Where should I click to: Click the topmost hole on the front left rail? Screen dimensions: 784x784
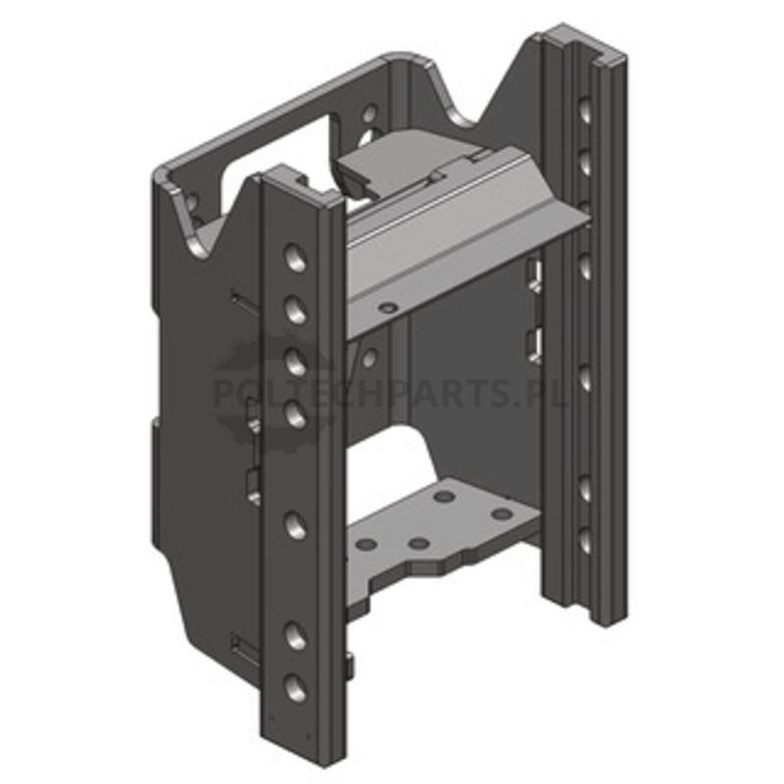296,258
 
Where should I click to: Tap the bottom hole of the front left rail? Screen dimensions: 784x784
296,688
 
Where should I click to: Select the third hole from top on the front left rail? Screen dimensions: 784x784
296,361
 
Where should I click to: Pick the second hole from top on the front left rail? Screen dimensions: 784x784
296,309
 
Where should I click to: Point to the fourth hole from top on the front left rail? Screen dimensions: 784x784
296,414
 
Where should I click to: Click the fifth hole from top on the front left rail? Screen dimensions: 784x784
296,525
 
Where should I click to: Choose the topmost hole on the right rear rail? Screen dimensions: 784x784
585,110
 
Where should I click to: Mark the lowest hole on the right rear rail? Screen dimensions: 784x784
585,541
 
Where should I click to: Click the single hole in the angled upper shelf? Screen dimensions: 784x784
387,308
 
